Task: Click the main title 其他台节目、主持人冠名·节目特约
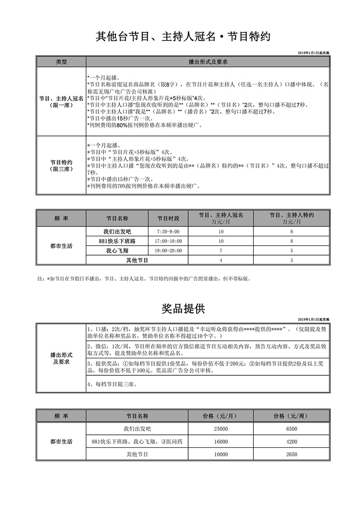point(183,36)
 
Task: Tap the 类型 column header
point(61,62)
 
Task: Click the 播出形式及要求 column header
point(207,62)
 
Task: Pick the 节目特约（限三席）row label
point(61,165)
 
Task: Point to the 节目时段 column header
point(168,218)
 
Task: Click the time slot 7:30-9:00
point(168,231)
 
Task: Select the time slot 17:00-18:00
point(168,241)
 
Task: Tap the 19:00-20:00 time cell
point(168,251)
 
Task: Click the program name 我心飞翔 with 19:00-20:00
point(117,251)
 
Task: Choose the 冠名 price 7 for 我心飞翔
point(220,251)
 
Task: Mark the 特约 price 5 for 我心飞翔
point(292,251)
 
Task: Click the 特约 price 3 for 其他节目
point(292,260)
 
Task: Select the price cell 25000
point(220,429)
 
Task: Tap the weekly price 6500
point(292,429)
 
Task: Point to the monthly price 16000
point(220,442)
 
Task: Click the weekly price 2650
point(292,455)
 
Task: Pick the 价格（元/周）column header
point(292,416)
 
